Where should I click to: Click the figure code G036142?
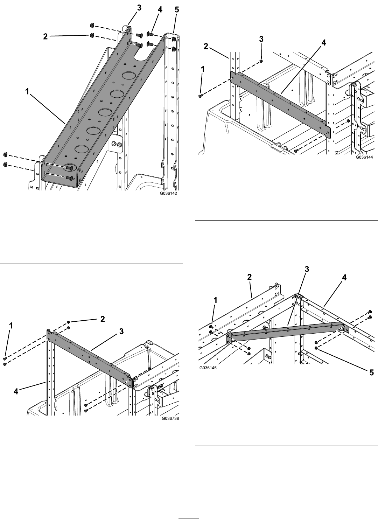[x=168, y=193]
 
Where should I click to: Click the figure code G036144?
[x=364, y=157]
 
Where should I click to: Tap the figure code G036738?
[x=170, y=418]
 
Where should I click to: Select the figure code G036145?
[x=208, y=368]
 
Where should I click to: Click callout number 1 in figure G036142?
[x=27, y=92]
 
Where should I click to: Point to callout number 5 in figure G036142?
[x=177, y=10]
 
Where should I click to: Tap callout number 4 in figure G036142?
[x=160, y=10]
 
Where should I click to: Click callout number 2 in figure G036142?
[x=45, y=36]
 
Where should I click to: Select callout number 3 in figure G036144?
[x=261, y=39]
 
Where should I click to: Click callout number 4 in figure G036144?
[x=323, y=43]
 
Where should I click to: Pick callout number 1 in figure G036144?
[x=203, y=70]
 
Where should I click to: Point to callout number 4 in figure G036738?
[x=16, y=392]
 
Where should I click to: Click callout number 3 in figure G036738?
[x=121, y=332]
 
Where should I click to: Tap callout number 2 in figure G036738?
[x=103, y=319]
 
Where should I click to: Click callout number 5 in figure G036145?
[x=371, y=373]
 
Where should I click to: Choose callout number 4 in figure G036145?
[x=344, y=278]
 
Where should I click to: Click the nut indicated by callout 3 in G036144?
[x=261, y=61]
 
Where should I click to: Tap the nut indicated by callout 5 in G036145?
[x=316, y=348]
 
